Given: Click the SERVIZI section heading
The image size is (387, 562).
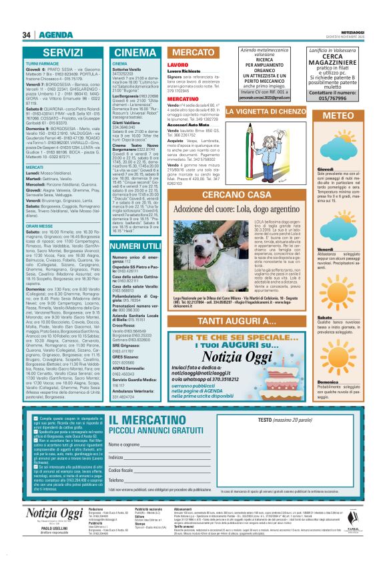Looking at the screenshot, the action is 63,51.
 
